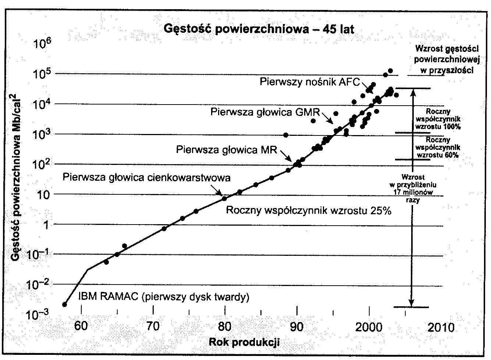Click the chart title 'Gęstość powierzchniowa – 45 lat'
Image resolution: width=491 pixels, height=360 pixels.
(259, 29)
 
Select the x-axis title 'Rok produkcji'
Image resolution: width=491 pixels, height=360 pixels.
(244, 342)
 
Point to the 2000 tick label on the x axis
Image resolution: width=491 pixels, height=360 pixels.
(369, 327)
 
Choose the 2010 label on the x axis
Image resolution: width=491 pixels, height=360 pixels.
(442, 327)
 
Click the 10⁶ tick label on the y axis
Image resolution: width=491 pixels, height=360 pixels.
(43, 45)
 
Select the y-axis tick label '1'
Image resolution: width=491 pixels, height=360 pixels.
(46, 225)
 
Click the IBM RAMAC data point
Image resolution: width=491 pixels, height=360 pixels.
(65, 304)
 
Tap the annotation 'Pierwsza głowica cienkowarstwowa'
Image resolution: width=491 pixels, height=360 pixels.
(147, 178)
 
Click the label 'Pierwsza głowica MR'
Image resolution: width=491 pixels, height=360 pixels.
(226, 150)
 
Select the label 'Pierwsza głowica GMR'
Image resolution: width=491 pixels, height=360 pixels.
(265, 112)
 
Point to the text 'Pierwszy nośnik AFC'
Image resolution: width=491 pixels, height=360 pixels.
(309, 81)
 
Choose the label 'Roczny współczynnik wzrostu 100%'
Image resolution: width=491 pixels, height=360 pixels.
(437, 119)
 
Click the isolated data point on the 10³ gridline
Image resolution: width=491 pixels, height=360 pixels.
(286, 135)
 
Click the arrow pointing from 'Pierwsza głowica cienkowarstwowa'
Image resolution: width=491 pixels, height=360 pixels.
(217, 191)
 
